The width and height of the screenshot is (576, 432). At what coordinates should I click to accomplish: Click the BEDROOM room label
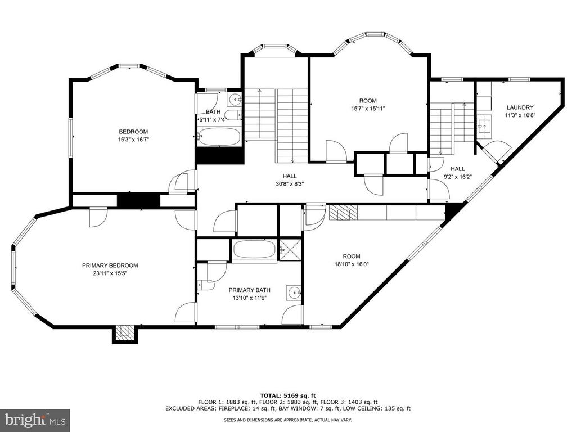coord(133,132)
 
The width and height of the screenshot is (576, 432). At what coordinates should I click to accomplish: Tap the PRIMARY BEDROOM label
coord(110,265)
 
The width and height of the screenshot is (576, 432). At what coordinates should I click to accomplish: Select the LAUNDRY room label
coord(520,107)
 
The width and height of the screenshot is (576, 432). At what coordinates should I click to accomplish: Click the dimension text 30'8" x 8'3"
coord(290,184)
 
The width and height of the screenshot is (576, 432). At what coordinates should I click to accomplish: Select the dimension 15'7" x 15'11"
coord(368,109)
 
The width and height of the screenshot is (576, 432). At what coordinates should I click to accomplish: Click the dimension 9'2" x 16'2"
coord(458,176)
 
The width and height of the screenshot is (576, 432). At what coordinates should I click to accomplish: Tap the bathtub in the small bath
coord(219,137)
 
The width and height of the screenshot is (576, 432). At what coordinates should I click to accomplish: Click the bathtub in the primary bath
coord(255,250)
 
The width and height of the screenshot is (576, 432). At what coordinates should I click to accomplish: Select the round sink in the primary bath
coord(295,292)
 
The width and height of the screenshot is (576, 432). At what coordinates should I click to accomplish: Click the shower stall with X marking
coord(291,250)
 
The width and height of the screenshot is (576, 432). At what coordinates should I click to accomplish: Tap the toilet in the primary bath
coord(206,285)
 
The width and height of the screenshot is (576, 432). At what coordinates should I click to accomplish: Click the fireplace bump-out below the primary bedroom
coord(125,334)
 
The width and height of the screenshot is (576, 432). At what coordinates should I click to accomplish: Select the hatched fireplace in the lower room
coord(343,213)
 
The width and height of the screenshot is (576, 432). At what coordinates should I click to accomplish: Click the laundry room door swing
coord(497,151)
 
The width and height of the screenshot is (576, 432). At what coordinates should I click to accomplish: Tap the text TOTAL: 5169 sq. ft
coord(288,395)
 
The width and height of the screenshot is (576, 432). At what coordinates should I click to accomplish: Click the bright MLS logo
coord(35,419)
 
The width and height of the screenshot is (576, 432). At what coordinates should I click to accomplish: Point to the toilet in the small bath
coord(232,115)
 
